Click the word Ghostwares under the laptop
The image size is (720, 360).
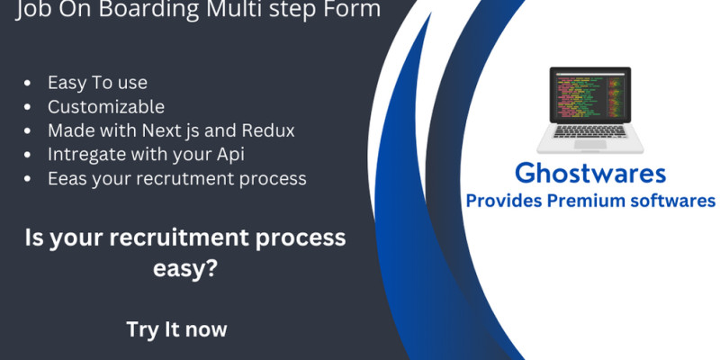tap(590, 174)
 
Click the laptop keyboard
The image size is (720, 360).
tap(590, 130)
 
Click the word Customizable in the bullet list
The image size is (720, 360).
tap(106, 107)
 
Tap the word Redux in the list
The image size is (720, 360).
tap(267, 130)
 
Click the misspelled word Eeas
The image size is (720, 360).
tap(67, 178)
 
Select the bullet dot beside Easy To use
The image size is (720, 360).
tap(27, 83)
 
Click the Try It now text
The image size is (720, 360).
tap(176, 329)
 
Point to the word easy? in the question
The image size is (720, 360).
tap(185, 268)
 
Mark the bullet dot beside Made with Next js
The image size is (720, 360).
tap(27, 130)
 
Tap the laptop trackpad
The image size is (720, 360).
tap(590, 144)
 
